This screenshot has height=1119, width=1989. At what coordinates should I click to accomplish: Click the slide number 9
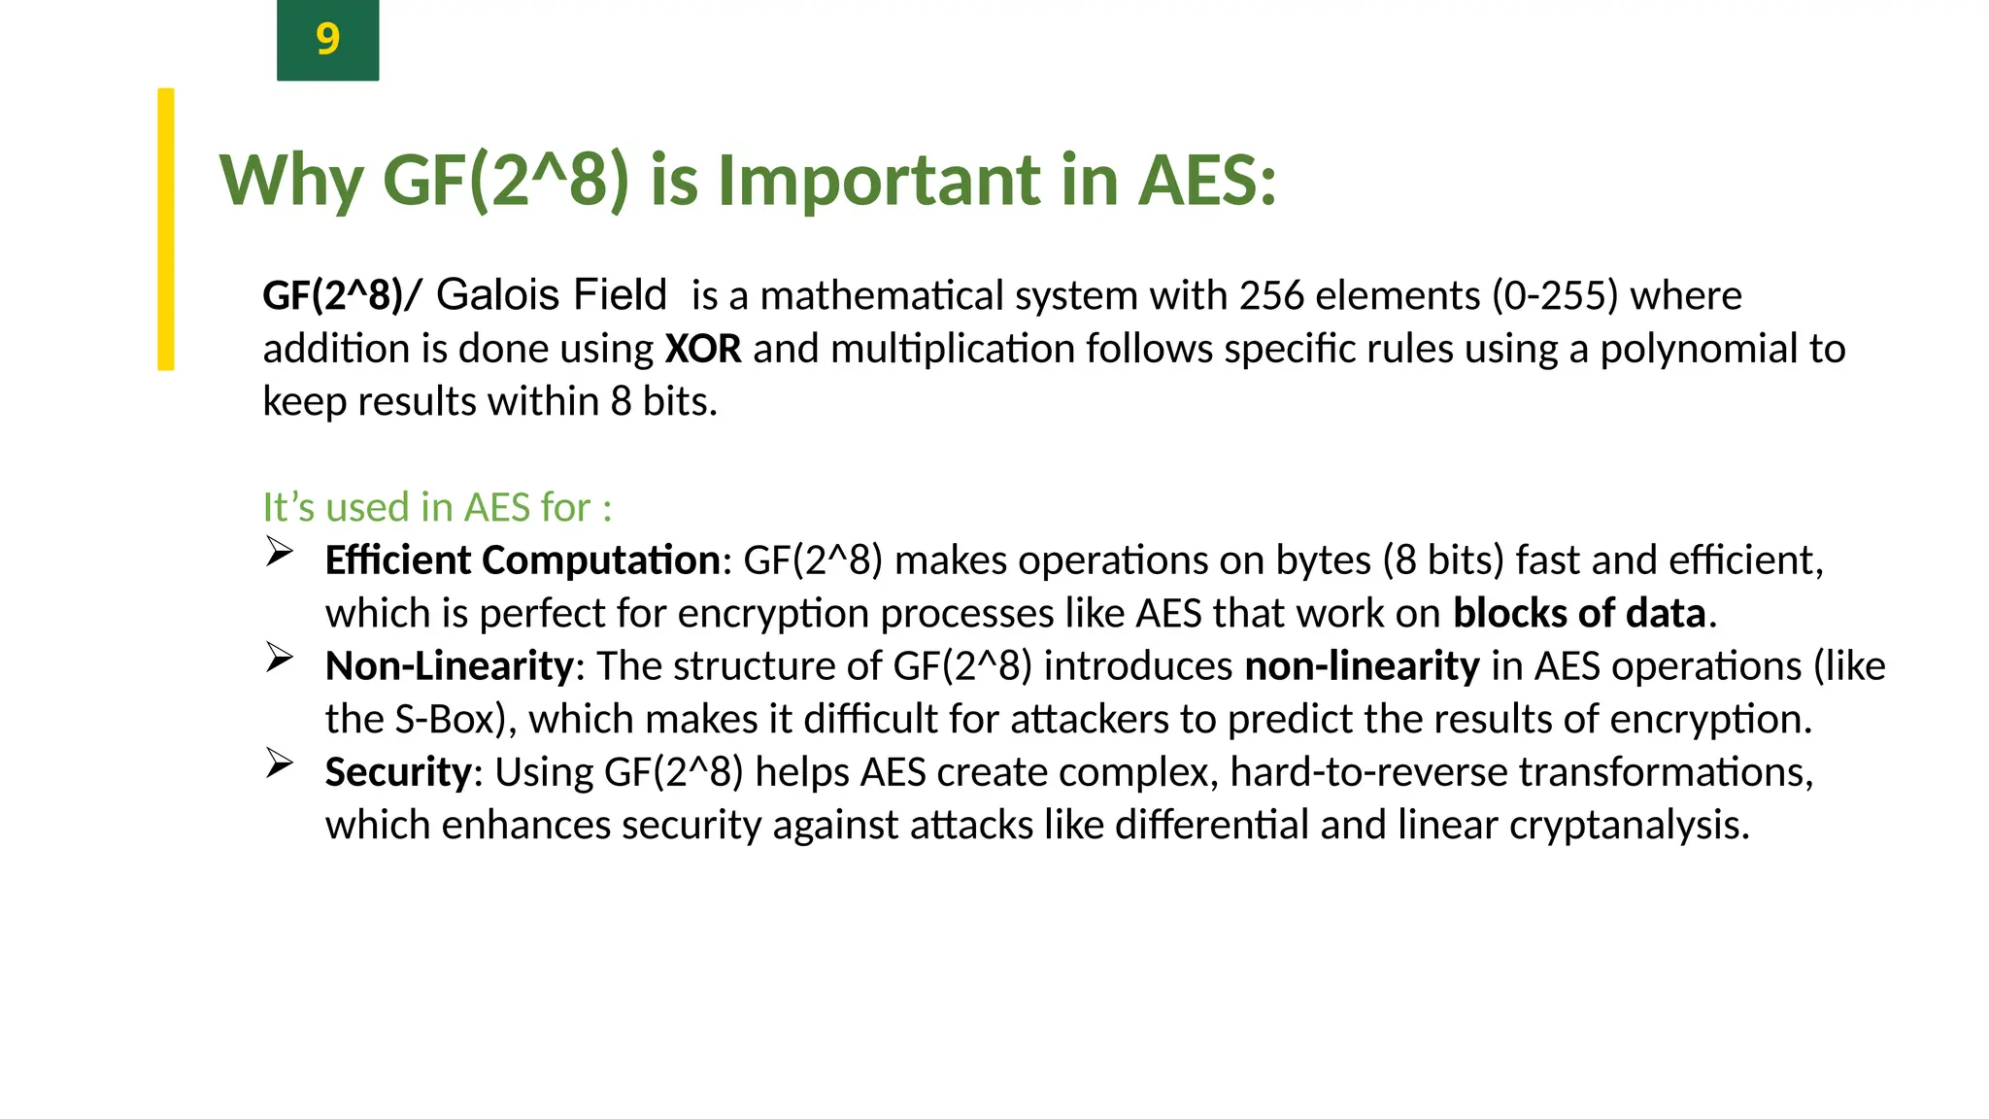point(327,39)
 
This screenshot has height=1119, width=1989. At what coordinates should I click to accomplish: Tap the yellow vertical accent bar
point(166,228)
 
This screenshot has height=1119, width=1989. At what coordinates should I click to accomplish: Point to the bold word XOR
point(703,349)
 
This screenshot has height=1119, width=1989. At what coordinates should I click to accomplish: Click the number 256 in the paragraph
point(1271,295)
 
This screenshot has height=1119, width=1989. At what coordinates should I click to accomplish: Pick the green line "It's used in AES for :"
point(437,507)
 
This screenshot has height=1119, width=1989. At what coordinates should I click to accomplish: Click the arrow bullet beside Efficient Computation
point(280,553)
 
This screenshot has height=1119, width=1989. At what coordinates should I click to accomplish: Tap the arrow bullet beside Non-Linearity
point(280,659)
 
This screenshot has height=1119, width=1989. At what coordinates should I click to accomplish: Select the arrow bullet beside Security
point(280,764)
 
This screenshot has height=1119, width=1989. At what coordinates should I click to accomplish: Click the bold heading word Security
point(398,772)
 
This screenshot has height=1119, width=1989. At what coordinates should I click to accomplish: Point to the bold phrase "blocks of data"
point(1579,614)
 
